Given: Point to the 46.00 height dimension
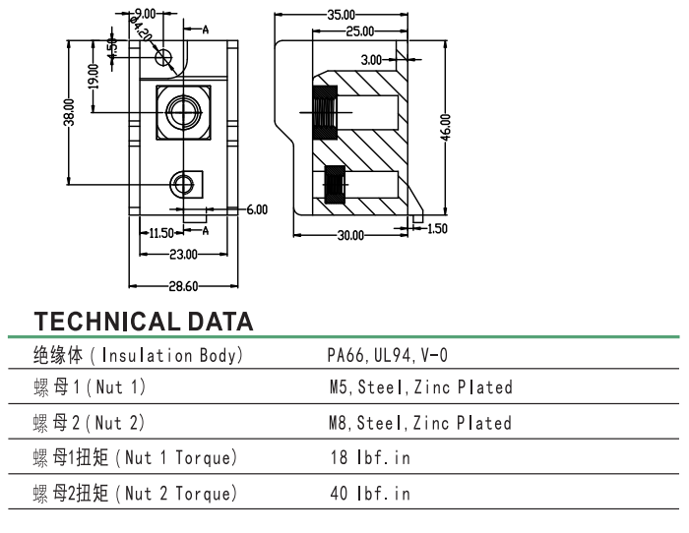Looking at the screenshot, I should tap(446, 128).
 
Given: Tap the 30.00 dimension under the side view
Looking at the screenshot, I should tap(350, 235).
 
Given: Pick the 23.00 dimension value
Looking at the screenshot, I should tap(182, 254).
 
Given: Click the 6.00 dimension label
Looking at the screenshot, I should tap(256, 209).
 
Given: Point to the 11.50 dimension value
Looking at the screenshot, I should tap(160, 233).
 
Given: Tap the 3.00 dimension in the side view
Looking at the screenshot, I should tap(371, 60).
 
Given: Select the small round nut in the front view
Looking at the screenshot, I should tap(183, 183).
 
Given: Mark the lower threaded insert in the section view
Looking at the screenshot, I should tap(334, 186).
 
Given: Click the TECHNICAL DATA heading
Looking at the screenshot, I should tap(144, 321).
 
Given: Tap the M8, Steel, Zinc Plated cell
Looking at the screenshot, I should tap(420, 423).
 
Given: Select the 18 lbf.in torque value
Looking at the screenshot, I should tap(370, 457).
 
